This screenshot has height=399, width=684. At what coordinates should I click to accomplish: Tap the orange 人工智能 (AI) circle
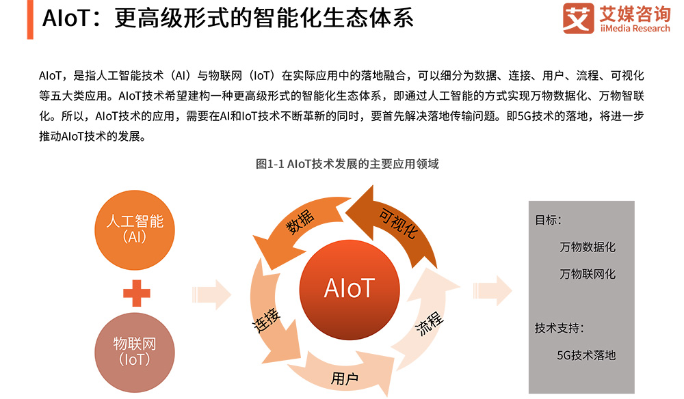tap(135, 229)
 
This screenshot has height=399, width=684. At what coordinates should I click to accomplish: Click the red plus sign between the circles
tap(136, 293)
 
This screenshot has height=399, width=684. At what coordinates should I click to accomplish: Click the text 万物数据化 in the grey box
tap(587, 247)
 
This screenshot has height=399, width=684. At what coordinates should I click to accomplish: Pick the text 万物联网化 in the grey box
tap(587, 274)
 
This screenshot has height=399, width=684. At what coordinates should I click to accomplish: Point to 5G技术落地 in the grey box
tap(586, 355)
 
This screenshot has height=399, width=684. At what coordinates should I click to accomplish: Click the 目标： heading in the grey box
tap(549, 221)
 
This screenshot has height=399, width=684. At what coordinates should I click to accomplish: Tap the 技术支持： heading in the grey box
tap(560, 328)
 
